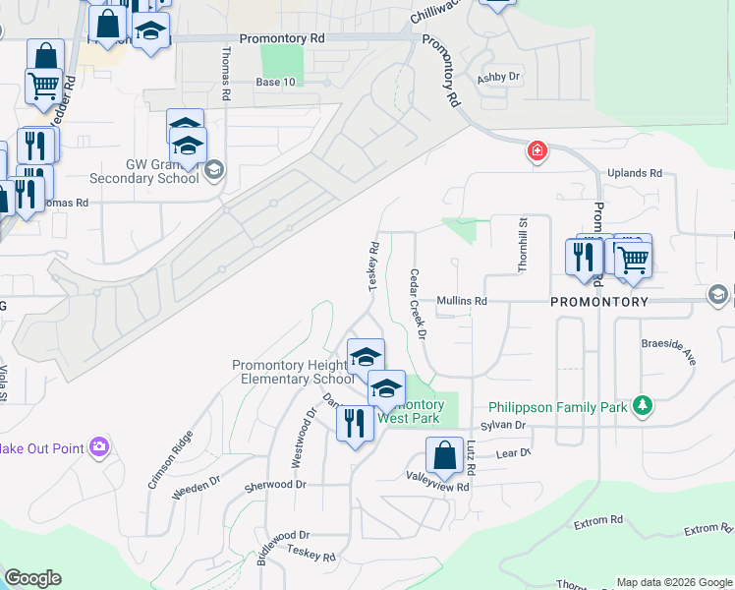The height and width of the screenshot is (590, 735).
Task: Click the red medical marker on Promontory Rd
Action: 537,151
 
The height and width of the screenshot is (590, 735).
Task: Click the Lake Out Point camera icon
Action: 98,447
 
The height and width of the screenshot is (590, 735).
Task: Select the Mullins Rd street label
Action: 462,301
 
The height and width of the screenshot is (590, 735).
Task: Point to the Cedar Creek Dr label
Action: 418,304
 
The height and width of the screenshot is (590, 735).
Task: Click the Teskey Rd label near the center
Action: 374,265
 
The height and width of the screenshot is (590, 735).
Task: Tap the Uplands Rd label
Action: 634,173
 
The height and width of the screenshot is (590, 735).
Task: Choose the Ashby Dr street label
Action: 498,77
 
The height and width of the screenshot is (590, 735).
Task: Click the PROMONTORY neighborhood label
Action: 599,301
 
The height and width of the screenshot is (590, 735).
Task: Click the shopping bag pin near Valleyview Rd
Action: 444,455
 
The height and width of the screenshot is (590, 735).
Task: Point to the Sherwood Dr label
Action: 276,485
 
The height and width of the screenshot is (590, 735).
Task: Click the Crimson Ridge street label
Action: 163,458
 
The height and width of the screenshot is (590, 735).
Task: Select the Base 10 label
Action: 275,82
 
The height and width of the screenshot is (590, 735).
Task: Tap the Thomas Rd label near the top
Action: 226,77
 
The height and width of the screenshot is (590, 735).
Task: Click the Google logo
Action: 33,578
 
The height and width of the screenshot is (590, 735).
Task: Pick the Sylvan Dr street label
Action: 504,426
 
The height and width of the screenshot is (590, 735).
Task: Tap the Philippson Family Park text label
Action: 558,406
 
